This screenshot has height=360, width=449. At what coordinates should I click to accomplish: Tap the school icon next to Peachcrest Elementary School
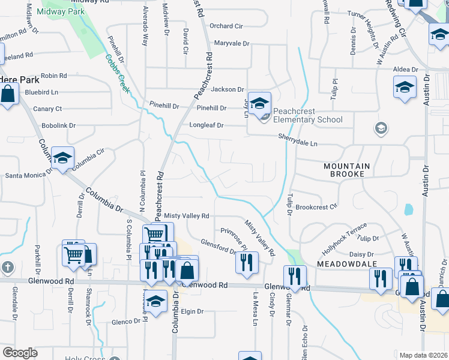pos(261,103)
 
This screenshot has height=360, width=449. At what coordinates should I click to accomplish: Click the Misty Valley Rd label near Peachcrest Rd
pos(187,215)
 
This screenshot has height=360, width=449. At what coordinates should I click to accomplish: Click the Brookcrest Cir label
pos(316,207)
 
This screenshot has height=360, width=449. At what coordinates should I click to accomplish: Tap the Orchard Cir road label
pos(226,26)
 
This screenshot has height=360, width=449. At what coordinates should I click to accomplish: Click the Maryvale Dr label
pos(231,43)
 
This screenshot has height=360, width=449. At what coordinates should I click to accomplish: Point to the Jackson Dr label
pos(227,89)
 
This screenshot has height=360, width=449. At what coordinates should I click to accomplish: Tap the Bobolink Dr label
pos(58,126)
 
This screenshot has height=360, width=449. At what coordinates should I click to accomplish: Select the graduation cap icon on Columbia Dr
pos(62,158)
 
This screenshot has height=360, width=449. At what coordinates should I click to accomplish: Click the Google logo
pos(20,352)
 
